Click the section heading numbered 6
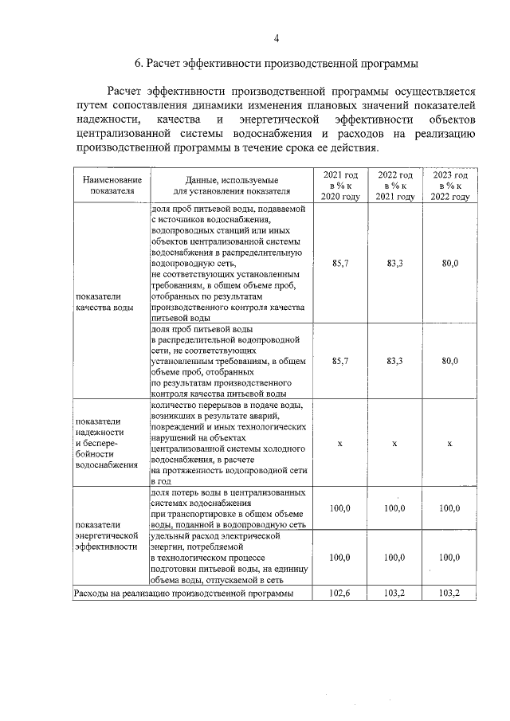tap(276, 64)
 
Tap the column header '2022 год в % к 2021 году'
tap(395, 186)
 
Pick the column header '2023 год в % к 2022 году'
tap(449, 186)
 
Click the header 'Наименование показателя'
tap(112, 186)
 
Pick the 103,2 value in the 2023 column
tap(449, 594)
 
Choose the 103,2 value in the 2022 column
tap(395, 594)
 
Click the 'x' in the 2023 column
tap(449, 443)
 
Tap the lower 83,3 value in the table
tap(395, 361)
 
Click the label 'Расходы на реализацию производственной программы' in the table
tap(183, 594)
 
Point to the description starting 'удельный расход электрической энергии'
tap(228, 558)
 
